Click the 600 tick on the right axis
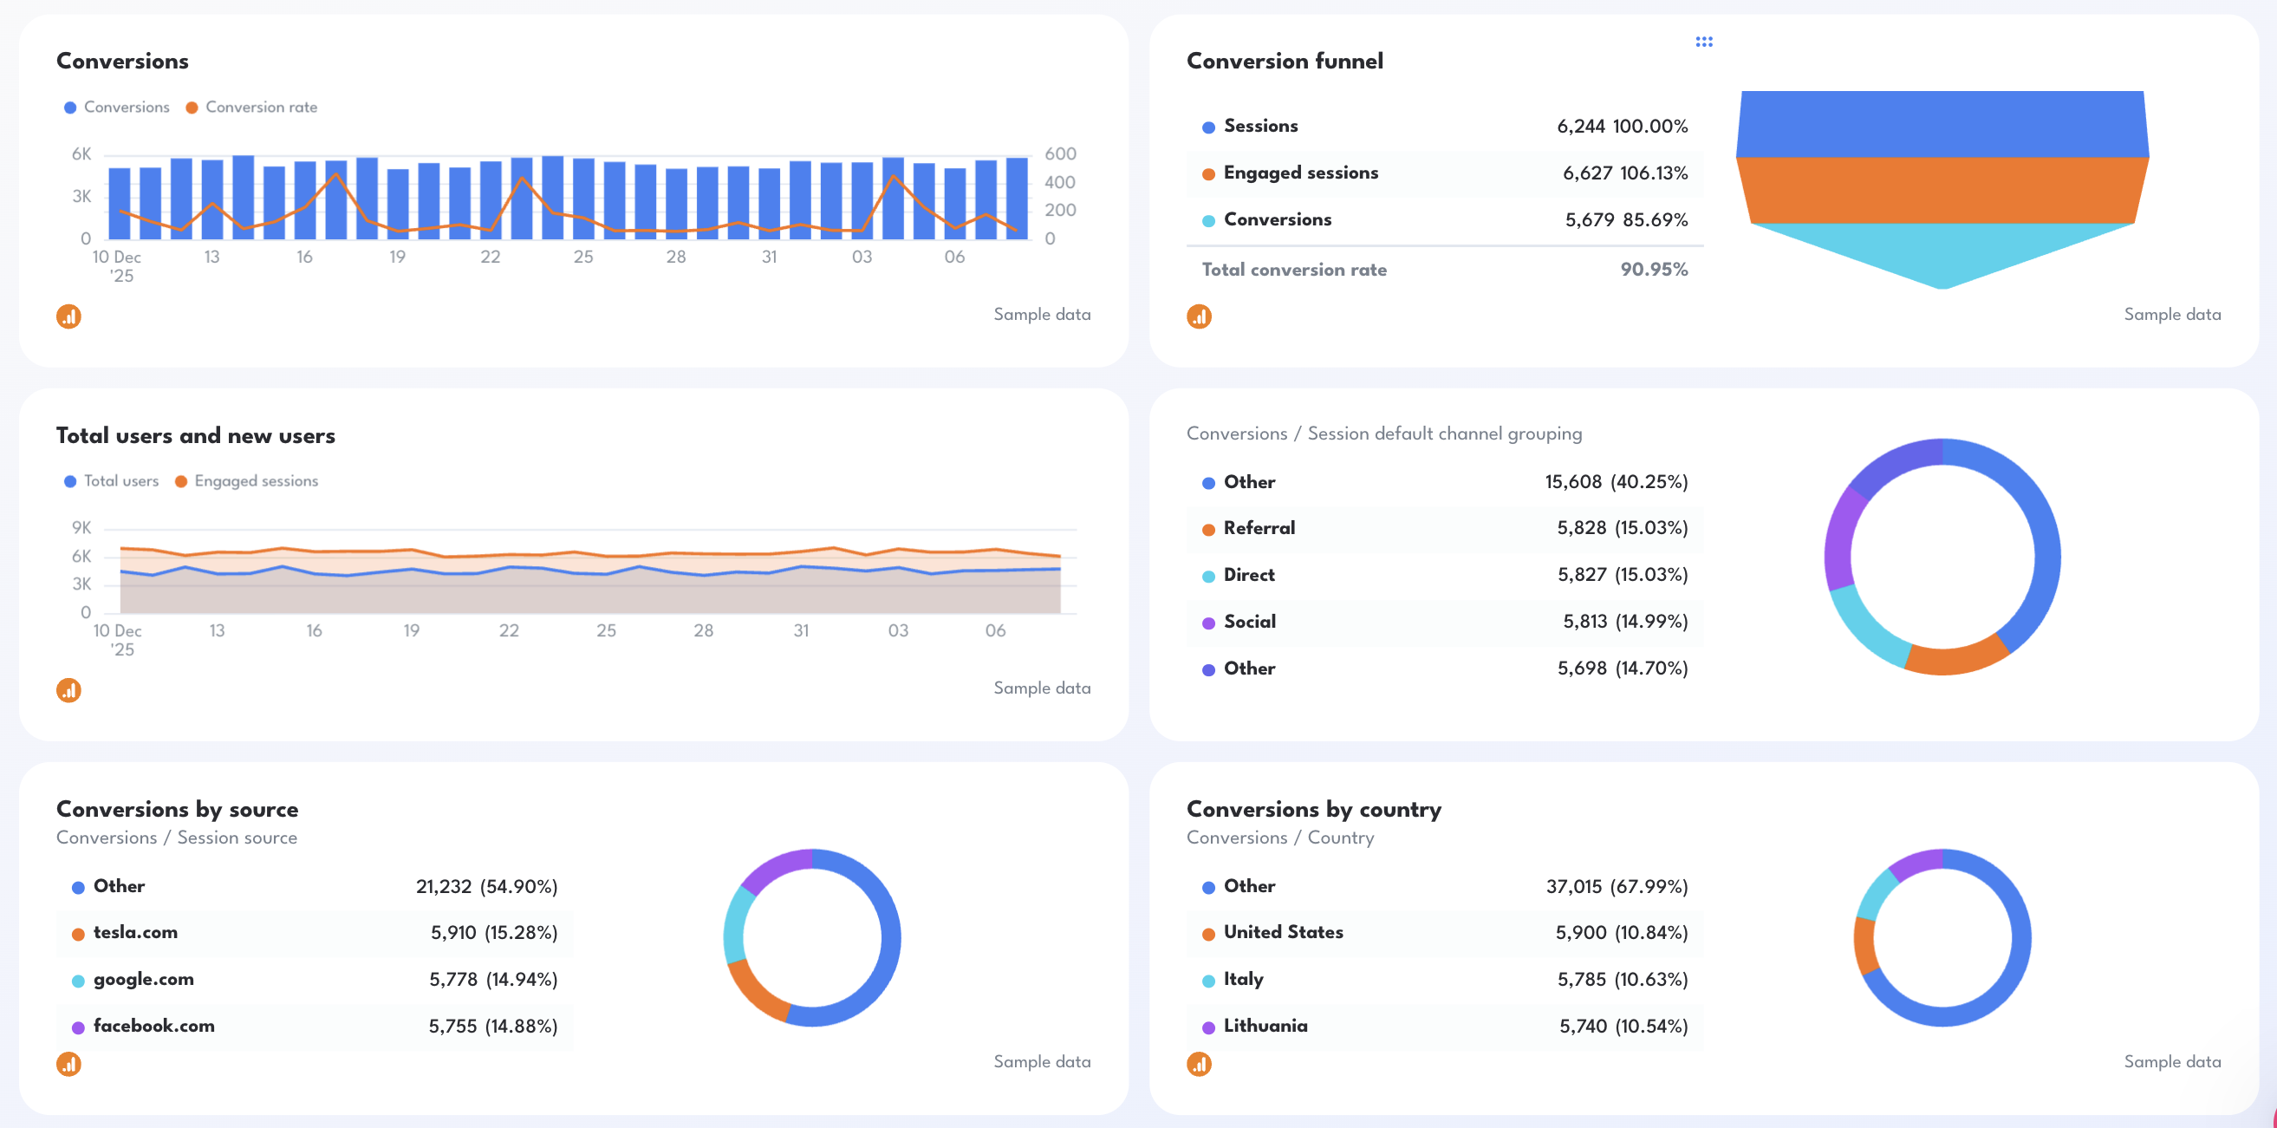pyautogui.click(x=1060, y=153)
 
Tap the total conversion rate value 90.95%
pyautogui.click(x=1653, y=270)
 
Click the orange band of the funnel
pyautogui.click(x=1942, y=190)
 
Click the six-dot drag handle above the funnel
pyautogui.click(x=1703, y=42)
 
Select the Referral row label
pyautogui.click(x=1259, y=528)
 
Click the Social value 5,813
pyautogui.click(x=1584, y=622)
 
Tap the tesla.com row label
pyautogui.click(x=135, y=932)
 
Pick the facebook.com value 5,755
pyautogui.click(x=452, y=1026)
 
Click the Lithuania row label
pyautogui.click(x=1265, y=1026)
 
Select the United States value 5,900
pyautogui.click(x=1580, y=932)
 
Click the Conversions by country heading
pyautogui.click(x=1313, y=809)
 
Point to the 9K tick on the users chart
pyautogui.click(x=81, y=528)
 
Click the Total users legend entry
pyautogui.click(x=120, y=481)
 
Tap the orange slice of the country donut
pyautogui.click(x=1865, y=946)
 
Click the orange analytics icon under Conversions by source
pyautogui.click(x=69, y=1064)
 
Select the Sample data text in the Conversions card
pyautogui.click(x=1041, y=315)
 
